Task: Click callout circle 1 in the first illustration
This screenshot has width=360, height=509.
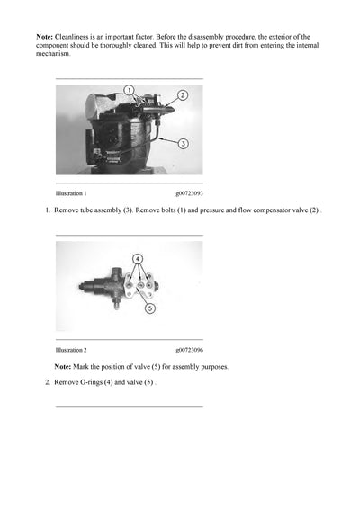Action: (129, 90)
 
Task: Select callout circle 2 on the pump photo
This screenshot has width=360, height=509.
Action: (182, 94)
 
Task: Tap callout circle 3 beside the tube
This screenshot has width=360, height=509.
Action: (182, 143)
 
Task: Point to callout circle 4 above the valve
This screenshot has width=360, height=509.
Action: (138, 258)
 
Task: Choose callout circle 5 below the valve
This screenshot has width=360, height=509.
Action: (148, 308)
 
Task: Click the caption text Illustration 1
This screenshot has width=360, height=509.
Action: (71, 193)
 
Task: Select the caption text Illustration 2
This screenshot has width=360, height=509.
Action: (71, 349)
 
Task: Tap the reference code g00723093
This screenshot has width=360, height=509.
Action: (189, 193)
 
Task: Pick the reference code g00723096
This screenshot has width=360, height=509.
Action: (189, 349)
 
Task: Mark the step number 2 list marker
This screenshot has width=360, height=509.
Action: (47, 382)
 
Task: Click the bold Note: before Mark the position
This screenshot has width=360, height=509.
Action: (63, 366)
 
